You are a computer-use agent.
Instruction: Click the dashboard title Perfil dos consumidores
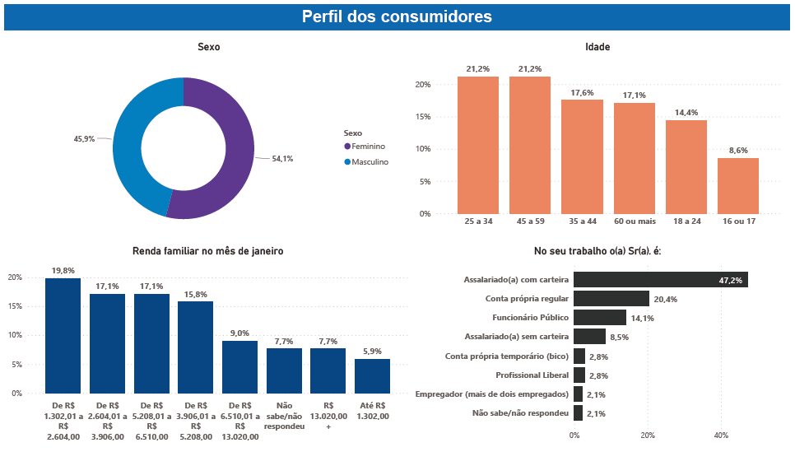point(397,16)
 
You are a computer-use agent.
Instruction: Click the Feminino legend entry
point(368,146)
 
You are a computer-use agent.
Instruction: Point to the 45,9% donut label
point(84,139)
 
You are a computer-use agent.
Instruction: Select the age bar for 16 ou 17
point(738,186)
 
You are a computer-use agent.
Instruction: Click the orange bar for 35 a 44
point(582,156)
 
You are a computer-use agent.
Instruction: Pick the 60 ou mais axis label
point(634,221)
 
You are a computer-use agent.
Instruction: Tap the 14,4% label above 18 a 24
point(686,112)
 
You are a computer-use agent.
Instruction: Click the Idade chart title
point(597,47)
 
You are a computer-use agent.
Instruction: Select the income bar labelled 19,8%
point(63,336)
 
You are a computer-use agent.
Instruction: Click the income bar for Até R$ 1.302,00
point(372,376)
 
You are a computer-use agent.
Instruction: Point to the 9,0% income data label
point(239,333)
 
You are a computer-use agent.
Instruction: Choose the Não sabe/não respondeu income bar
point(284,370)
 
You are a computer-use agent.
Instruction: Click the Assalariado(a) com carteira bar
point(660,280)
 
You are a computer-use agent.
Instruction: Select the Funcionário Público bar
point(600,317)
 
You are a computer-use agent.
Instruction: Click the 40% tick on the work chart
point(721,436)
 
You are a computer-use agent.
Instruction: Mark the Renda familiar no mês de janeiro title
point(207,251)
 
